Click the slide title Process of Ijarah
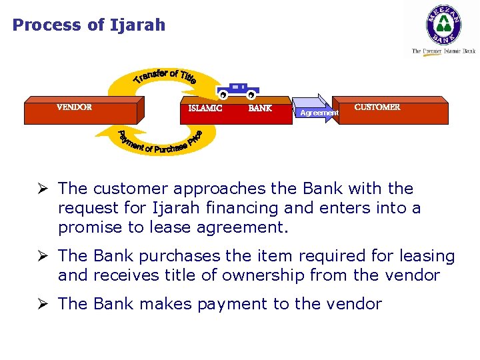89,25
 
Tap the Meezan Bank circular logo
443,25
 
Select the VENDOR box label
74,107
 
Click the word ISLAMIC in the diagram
205,108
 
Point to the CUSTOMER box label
377,107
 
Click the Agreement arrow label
319,113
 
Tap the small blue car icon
237,91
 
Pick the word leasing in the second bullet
426,257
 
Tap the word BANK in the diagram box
260,108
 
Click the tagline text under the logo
443,51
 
